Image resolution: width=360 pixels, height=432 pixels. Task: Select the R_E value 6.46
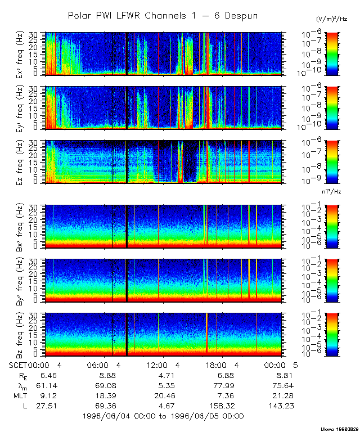47,375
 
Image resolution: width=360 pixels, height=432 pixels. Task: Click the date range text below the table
163,416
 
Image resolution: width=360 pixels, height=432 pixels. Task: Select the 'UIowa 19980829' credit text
340,428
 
